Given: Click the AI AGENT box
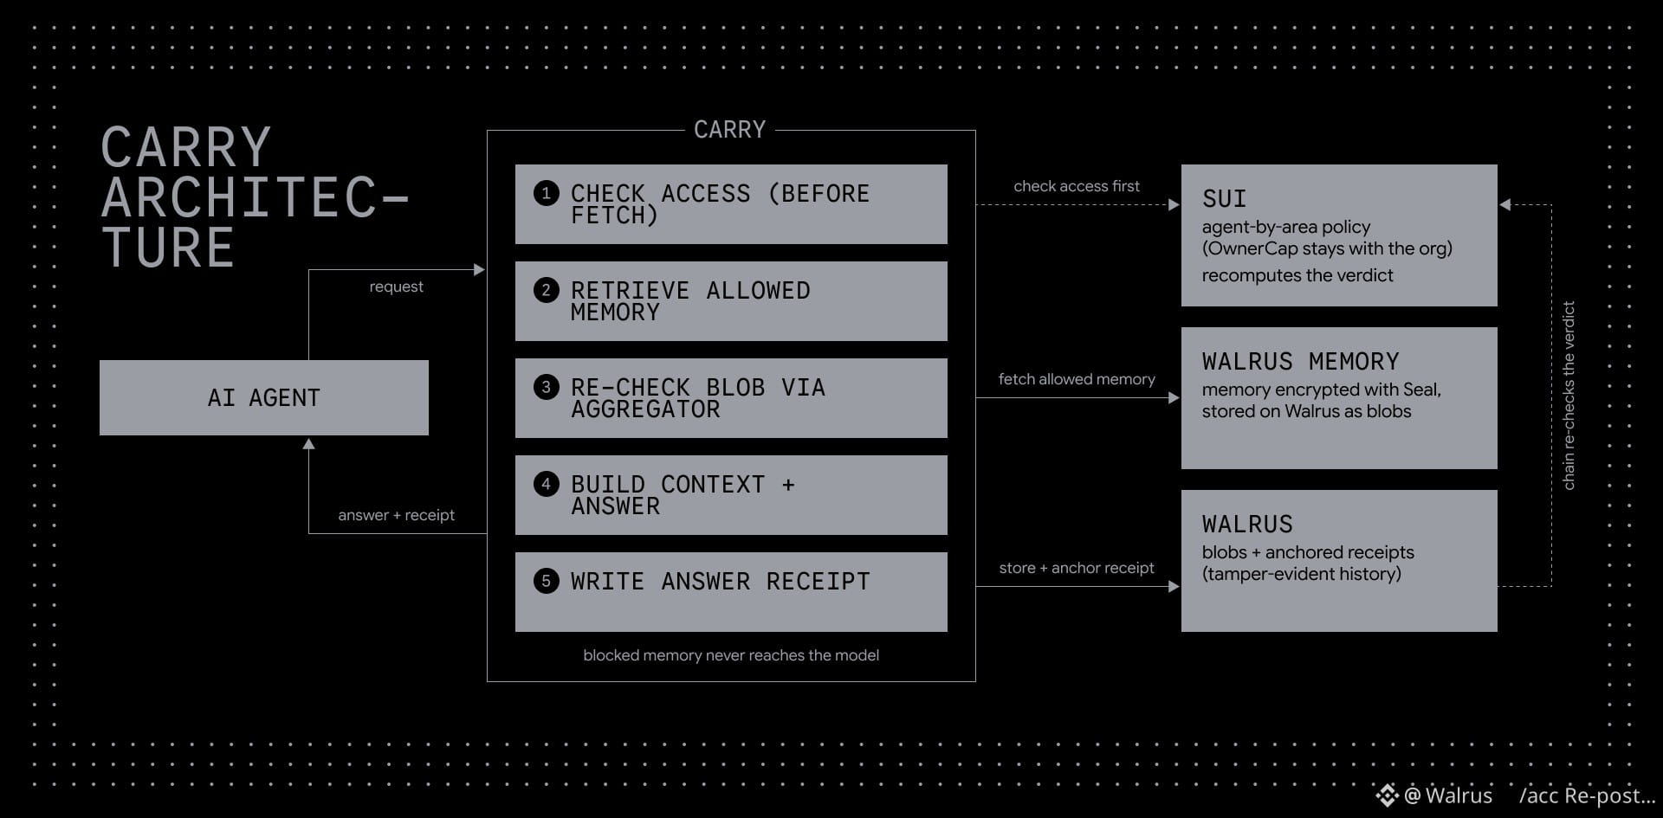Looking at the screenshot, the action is [264, 397].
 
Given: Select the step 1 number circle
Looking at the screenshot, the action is [546, 193].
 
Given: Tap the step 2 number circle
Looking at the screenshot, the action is [546, 290].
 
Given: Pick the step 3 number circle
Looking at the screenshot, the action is [546, 387].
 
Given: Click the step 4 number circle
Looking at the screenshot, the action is [546, 484].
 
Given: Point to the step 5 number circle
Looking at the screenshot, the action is [546, 581].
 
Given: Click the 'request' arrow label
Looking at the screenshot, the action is [397, 287].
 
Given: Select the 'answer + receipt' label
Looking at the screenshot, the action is [397, 515].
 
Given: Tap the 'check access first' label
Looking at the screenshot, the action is [1077, 186].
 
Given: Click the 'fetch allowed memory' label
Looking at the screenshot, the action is [1077, 379].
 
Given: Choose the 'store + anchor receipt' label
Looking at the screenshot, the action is [1077, 568].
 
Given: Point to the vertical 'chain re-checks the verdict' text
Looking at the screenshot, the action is [1569, 396].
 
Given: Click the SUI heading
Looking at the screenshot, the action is [1225, 198].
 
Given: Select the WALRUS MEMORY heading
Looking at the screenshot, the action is [1301, 361].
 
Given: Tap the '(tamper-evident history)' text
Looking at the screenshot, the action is [1302, 574].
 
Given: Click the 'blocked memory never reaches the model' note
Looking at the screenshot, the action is [731, 655].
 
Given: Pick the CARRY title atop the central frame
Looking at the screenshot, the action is [730, 130].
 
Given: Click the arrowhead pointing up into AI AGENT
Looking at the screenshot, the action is [308, 443].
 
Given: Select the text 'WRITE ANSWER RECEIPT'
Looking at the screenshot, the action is [721, 581].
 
